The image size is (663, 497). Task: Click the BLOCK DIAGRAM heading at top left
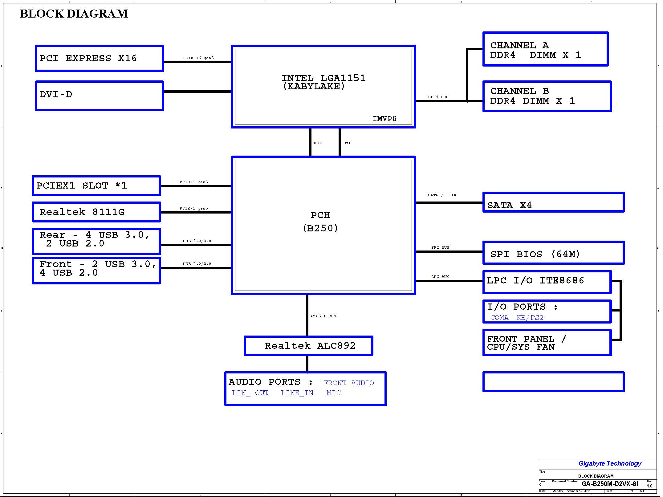(74, 14)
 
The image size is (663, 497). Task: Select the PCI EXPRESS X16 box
(99, 59)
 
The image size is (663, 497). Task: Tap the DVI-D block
(99, 96)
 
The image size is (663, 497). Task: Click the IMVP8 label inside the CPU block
(384, 119)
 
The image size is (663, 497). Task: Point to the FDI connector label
(317, 143)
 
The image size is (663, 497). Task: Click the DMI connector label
(347, 143)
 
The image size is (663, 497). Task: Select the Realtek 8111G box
(96, 212)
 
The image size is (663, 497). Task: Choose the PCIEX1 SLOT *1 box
(96, 186)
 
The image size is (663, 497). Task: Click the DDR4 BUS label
(438, 97)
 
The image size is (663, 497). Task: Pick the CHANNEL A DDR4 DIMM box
(545, 49)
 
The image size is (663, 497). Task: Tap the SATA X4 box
(553, 202)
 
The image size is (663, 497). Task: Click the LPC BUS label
(440, 277)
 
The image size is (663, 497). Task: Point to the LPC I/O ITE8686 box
(547, 282)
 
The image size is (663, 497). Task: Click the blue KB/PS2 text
(530, 318)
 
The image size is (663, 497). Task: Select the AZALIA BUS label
(323, 316)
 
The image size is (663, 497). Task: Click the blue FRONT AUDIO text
(349, 383)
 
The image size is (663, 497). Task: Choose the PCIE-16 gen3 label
(198, 58)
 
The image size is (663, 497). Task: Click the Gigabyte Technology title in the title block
(610, 463)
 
